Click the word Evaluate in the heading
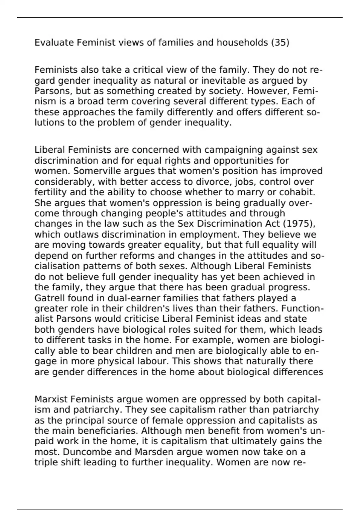pos(54,43)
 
